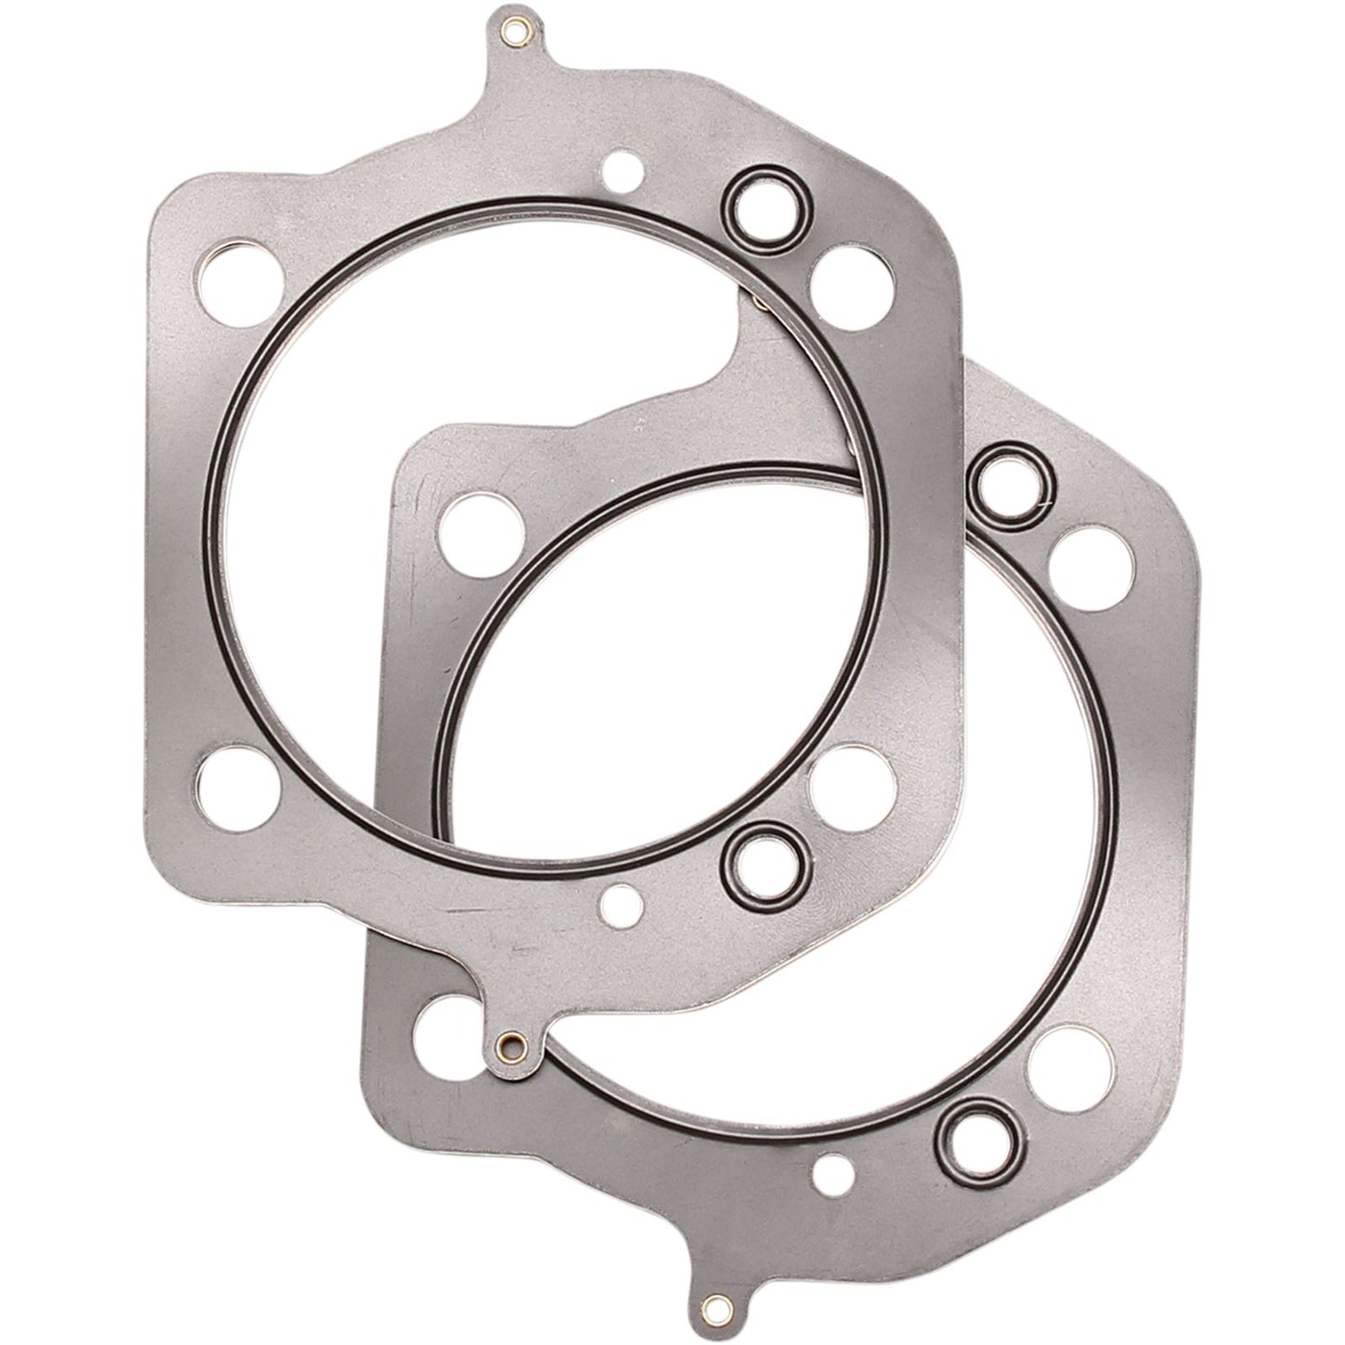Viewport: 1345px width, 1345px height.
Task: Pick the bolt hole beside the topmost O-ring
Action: point(841,283)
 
